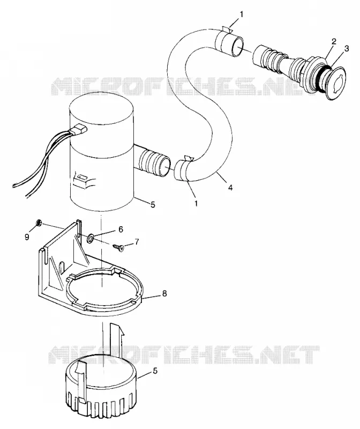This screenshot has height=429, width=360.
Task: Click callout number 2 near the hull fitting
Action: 334,42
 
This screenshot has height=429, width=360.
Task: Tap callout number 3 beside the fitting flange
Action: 346,49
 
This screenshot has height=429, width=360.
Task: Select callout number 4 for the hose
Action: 230,188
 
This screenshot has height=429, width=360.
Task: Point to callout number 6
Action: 121,230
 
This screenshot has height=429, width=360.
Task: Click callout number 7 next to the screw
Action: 137,241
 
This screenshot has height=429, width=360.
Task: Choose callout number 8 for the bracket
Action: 164,293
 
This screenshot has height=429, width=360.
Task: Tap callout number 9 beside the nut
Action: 27,237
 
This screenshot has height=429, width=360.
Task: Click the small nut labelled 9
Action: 39,223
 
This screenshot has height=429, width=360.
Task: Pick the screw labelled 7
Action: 118,247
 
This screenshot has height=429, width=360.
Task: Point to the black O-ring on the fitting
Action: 324,77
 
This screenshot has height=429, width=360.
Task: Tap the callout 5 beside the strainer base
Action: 155,371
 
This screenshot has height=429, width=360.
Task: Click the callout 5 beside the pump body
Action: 153,204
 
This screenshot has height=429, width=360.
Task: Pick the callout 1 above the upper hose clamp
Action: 241,14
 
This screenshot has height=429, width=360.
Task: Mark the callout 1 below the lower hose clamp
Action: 196,203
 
